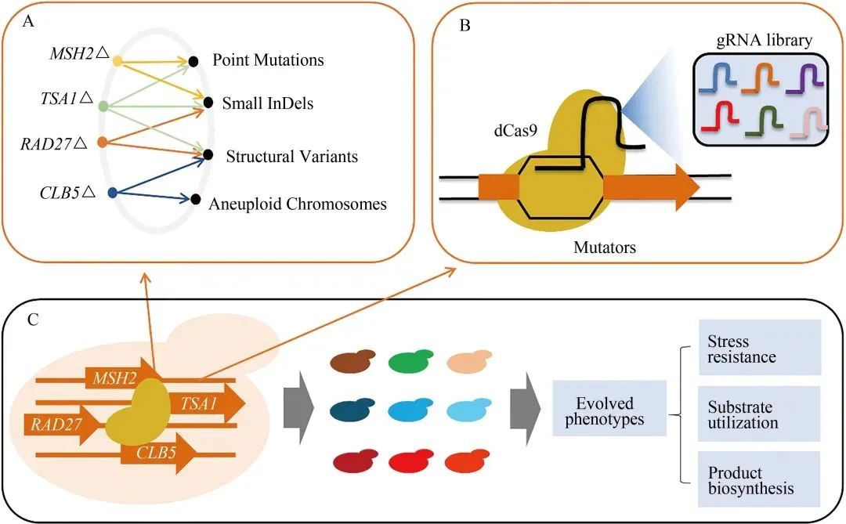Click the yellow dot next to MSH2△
(x=117, y=60)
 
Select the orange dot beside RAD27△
(x=101, y=143)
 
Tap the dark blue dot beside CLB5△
(x=112, y=192)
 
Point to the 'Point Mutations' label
(x=268, y=60)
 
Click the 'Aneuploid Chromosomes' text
(x=298, y=204)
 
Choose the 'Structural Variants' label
(x=291, y=157)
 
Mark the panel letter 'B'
(x=465, y=26)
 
